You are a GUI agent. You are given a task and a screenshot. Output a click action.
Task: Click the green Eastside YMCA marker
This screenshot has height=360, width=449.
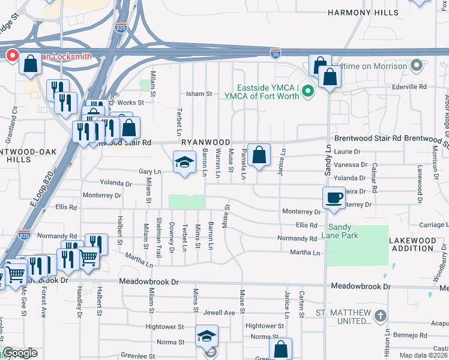pos(308,91)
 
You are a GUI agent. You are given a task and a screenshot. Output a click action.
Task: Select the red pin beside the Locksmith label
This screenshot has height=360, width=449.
pos(11,56)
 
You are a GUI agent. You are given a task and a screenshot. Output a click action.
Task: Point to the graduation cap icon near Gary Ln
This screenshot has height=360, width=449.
pos(185,161)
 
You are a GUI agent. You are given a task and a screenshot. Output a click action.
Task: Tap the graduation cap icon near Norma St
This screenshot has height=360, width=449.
pos(206,337)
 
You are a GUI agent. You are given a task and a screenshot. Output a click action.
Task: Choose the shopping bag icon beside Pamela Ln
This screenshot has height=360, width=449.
pos(259,155)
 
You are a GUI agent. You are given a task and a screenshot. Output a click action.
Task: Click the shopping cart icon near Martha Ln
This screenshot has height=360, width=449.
pos(89,258)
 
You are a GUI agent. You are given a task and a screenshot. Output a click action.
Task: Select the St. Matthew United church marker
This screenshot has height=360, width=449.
pos(379,316)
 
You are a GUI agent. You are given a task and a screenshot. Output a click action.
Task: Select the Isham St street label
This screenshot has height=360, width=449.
pos(200,94)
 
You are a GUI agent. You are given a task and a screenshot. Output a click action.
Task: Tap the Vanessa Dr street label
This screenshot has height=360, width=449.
pos(351,164)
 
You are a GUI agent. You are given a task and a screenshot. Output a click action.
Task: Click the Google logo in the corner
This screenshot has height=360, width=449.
pos(20,353)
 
